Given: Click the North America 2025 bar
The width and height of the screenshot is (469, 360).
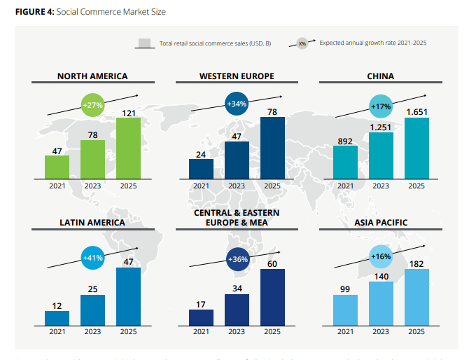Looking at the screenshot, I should click(128, 148).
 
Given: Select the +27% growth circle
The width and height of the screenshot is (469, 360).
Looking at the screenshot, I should click(93, 105).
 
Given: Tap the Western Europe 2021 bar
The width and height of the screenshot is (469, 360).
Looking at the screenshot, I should click(201, 169).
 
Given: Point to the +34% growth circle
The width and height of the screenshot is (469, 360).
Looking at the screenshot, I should click(237, 104).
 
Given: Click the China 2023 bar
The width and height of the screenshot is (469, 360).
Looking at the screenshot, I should click(380, 155).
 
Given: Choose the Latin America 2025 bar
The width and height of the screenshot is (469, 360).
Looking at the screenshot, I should click(128, 296).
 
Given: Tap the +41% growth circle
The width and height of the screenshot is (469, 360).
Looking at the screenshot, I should click(93, 258).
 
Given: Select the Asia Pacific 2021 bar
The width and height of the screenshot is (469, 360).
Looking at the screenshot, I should click(345, 310).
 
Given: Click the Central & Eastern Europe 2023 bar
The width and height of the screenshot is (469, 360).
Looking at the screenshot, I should click(237, 310).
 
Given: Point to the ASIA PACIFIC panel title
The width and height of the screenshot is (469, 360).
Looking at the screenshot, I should click(380, 223).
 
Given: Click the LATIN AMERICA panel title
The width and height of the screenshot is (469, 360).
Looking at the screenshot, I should click(92, 223).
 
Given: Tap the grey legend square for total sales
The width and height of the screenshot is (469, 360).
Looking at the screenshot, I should click(146, 43).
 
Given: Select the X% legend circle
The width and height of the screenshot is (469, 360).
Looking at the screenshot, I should click(302, 43).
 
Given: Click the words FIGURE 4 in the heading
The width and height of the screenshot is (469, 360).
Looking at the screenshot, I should click(34, 13).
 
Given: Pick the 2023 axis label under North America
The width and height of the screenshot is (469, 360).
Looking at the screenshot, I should click(93, 186).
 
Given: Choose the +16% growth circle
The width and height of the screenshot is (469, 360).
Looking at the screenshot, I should click(381, 257).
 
